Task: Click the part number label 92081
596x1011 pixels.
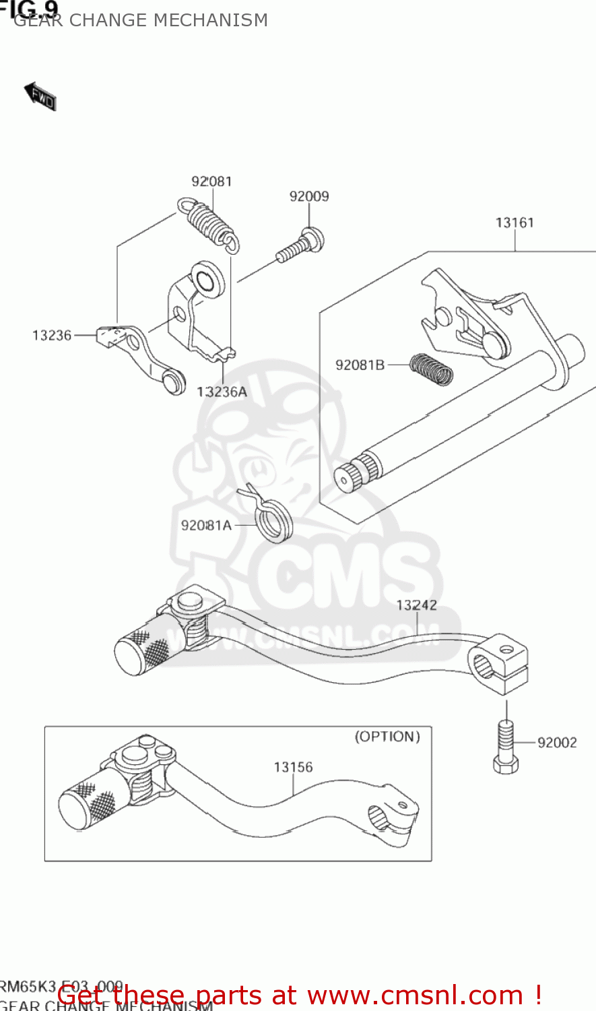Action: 211,181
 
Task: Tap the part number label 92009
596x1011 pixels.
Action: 309,196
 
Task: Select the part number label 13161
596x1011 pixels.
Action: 515,222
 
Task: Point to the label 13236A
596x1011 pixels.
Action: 222,392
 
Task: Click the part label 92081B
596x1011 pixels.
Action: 360,365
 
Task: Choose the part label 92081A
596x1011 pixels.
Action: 206,526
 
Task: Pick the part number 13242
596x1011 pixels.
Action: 416,605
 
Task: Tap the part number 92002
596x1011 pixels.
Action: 557,743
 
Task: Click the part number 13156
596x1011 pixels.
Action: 293,767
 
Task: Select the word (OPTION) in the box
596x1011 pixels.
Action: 387,737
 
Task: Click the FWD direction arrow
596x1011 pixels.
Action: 40,96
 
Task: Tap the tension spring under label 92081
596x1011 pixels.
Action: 208,224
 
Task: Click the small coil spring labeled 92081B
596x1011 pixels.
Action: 432,369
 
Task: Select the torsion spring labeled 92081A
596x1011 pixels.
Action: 272,518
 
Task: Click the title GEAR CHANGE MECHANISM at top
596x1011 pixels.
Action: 141,20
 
